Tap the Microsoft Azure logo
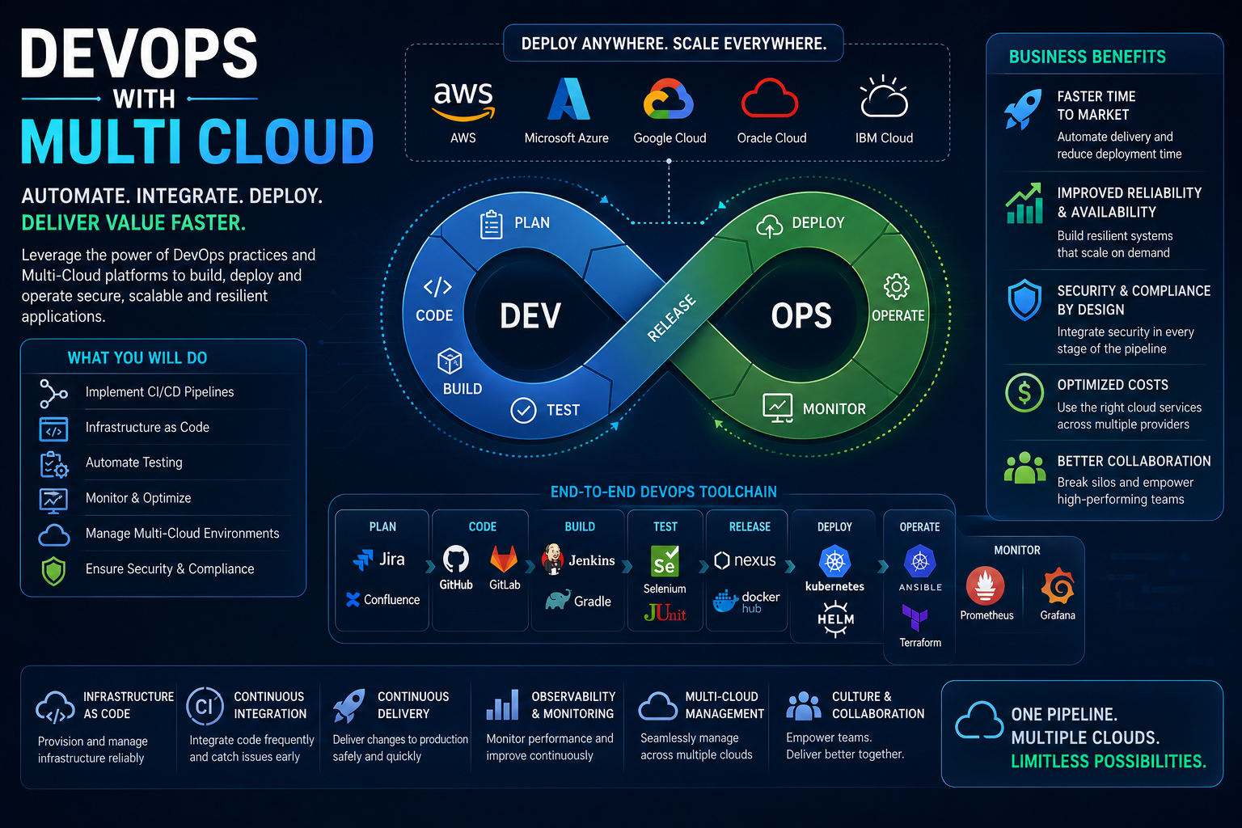[568, 99]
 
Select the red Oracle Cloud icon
[770, 98]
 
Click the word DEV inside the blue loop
[530, 316]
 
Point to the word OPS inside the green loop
[801, 316]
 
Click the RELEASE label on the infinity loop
[671, 317]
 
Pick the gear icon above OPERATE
[897, 287]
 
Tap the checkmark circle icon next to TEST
[523, 411]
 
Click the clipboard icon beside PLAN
[492, 225]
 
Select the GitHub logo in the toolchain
[456, 559]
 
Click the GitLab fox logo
[504, 559]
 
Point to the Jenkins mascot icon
[553, 559]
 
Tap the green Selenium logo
[665, 561]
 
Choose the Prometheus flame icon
[986, 585]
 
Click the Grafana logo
[1058, 585]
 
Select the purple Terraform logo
[915, 617]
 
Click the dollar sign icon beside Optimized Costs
[1024, 392]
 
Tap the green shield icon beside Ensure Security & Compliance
[54, 571]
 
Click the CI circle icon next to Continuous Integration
[205, 706]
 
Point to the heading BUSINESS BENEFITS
[1088, 57]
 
